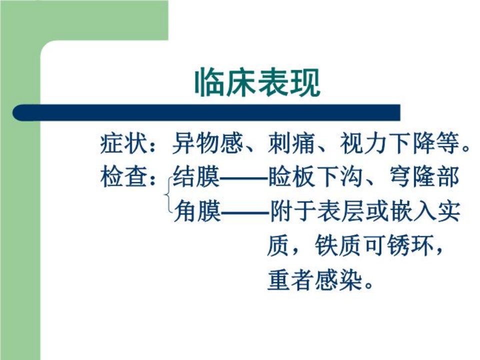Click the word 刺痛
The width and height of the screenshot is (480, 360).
291,143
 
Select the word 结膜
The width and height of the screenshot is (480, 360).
196,177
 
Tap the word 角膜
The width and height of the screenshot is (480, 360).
197,211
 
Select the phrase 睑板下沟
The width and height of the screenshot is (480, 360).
315,177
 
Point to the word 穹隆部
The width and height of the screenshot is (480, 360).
424,177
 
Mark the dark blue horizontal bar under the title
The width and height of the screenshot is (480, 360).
206,112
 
